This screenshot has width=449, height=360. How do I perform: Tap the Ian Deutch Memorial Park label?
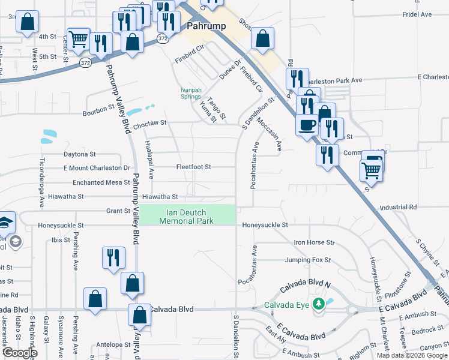point(187,217)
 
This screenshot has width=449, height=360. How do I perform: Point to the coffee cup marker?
point(307,125)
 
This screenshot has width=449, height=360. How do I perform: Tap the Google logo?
point(20,353)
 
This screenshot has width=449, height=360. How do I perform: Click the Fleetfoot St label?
point(193,167)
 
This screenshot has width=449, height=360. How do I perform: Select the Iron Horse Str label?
point(313,242)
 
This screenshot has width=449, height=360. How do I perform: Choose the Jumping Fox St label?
point(307,260)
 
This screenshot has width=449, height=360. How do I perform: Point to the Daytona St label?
point(79,154)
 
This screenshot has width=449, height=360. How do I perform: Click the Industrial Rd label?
point(397,208)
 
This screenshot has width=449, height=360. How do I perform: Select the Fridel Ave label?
point(417,14)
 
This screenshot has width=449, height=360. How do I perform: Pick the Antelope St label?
point(113,345)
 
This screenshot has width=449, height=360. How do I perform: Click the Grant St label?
point(118,211)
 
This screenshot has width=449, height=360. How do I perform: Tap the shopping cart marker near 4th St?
point(79,39)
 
